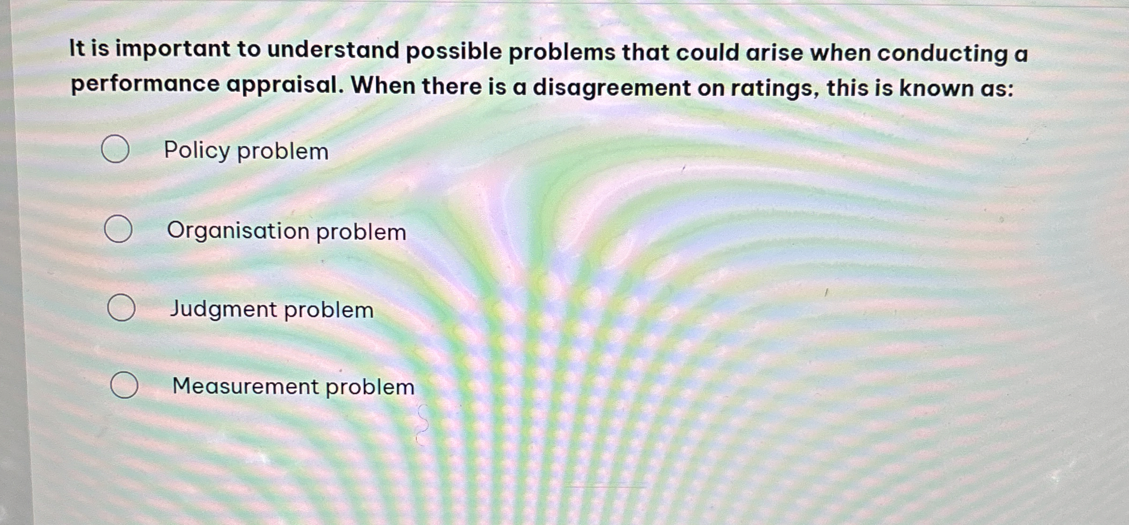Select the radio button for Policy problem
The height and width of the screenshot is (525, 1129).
(115, 149)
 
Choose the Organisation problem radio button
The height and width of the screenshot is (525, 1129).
(118, 229)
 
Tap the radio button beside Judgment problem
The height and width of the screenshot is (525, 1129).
(121, 307)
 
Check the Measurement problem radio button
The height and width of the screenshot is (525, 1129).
(124, 385)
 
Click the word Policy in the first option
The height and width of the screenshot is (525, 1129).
(196, 151)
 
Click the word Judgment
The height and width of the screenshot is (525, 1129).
(223, 310)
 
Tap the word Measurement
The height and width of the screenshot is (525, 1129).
(245, 386)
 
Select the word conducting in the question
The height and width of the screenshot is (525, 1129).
(941, 54)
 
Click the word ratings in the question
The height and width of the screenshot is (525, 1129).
(774, 89)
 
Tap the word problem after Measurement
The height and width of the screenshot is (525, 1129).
(370, 387)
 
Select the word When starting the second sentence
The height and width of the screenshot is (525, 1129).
(383, 86)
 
